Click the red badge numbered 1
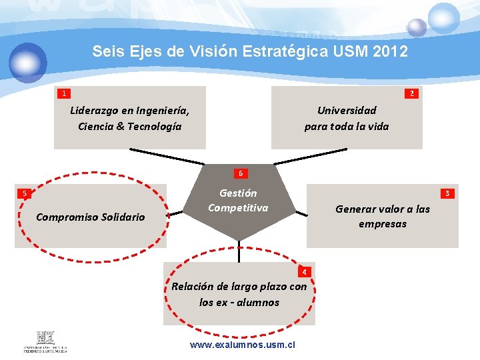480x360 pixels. [x=63, y=93]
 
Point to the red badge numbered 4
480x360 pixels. [x=304, y=271]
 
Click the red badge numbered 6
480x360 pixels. [x=241, y=174]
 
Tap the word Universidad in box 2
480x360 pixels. [x=347, y=111]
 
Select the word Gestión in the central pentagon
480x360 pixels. [x=238, y=193]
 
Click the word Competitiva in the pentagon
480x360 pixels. [x=238, y=208]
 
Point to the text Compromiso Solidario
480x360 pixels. [x=90, y=217]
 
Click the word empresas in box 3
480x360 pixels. [x=382, y=224]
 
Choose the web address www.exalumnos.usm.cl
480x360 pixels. [x=242, y=345]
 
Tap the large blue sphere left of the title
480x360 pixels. [x=28, y=61]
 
